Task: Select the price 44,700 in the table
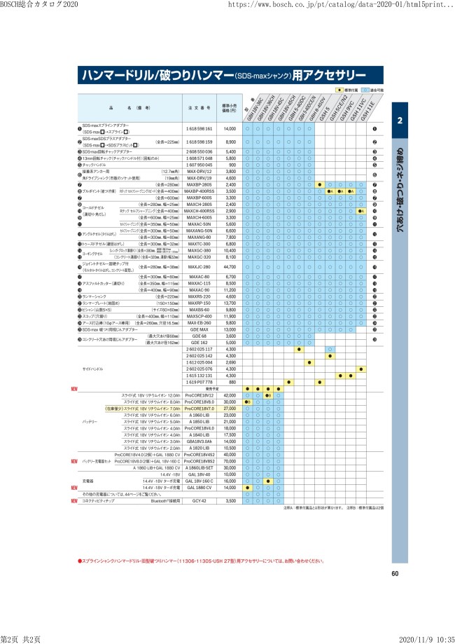(x=230, y=266)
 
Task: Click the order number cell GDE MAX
(x=199, y=329)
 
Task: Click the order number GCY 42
(x=199, y=501)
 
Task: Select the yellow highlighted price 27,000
(x=230, y=409)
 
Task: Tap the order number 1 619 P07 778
(x=199, y=382)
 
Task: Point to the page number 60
(x=395, y=574)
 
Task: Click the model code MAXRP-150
(x=199, y=303)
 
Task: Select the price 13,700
(x=230, y=303)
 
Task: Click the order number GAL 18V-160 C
(x=199, y=481)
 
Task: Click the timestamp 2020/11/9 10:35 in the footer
(x=423, y=639)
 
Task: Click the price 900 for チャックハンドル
(x=230, y=165)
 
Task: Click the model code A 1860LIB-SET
(x=199, y=468)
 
